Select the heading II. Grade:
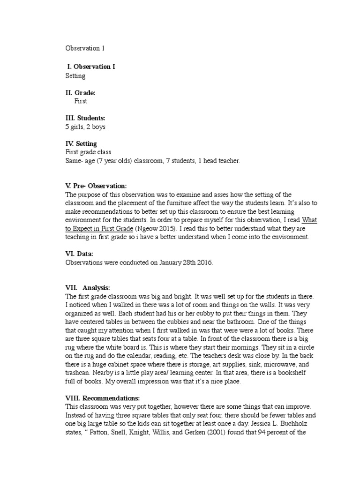click(x=81, y=93)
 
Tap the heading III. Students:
click(x=85, y=118)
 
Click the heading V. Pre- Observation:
click(x=96, y=186)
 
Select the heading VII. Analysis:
click(x=88, y=287)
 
